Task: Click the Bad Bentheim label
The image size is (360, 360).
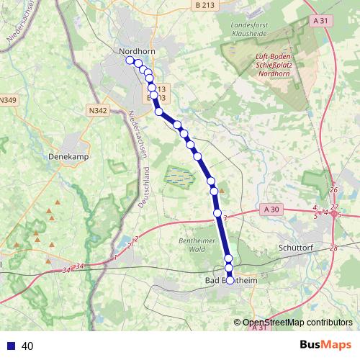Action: (x=231, y=280)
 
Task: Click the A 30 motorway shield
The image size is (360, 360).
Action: (x=271, y=209)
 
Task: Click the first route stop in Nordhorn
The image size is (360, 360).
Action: (x=130, y=60)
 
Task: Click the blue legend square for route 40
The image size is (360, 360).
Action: (x=12, y=346)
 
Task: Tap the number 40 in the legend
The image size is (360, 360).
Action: (x=28, y=346)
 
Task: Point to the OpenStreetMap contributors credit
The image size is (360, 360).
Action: (x=297, y=323)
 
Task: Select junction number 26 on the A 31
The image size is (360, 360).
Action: (x=333, y=190)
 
